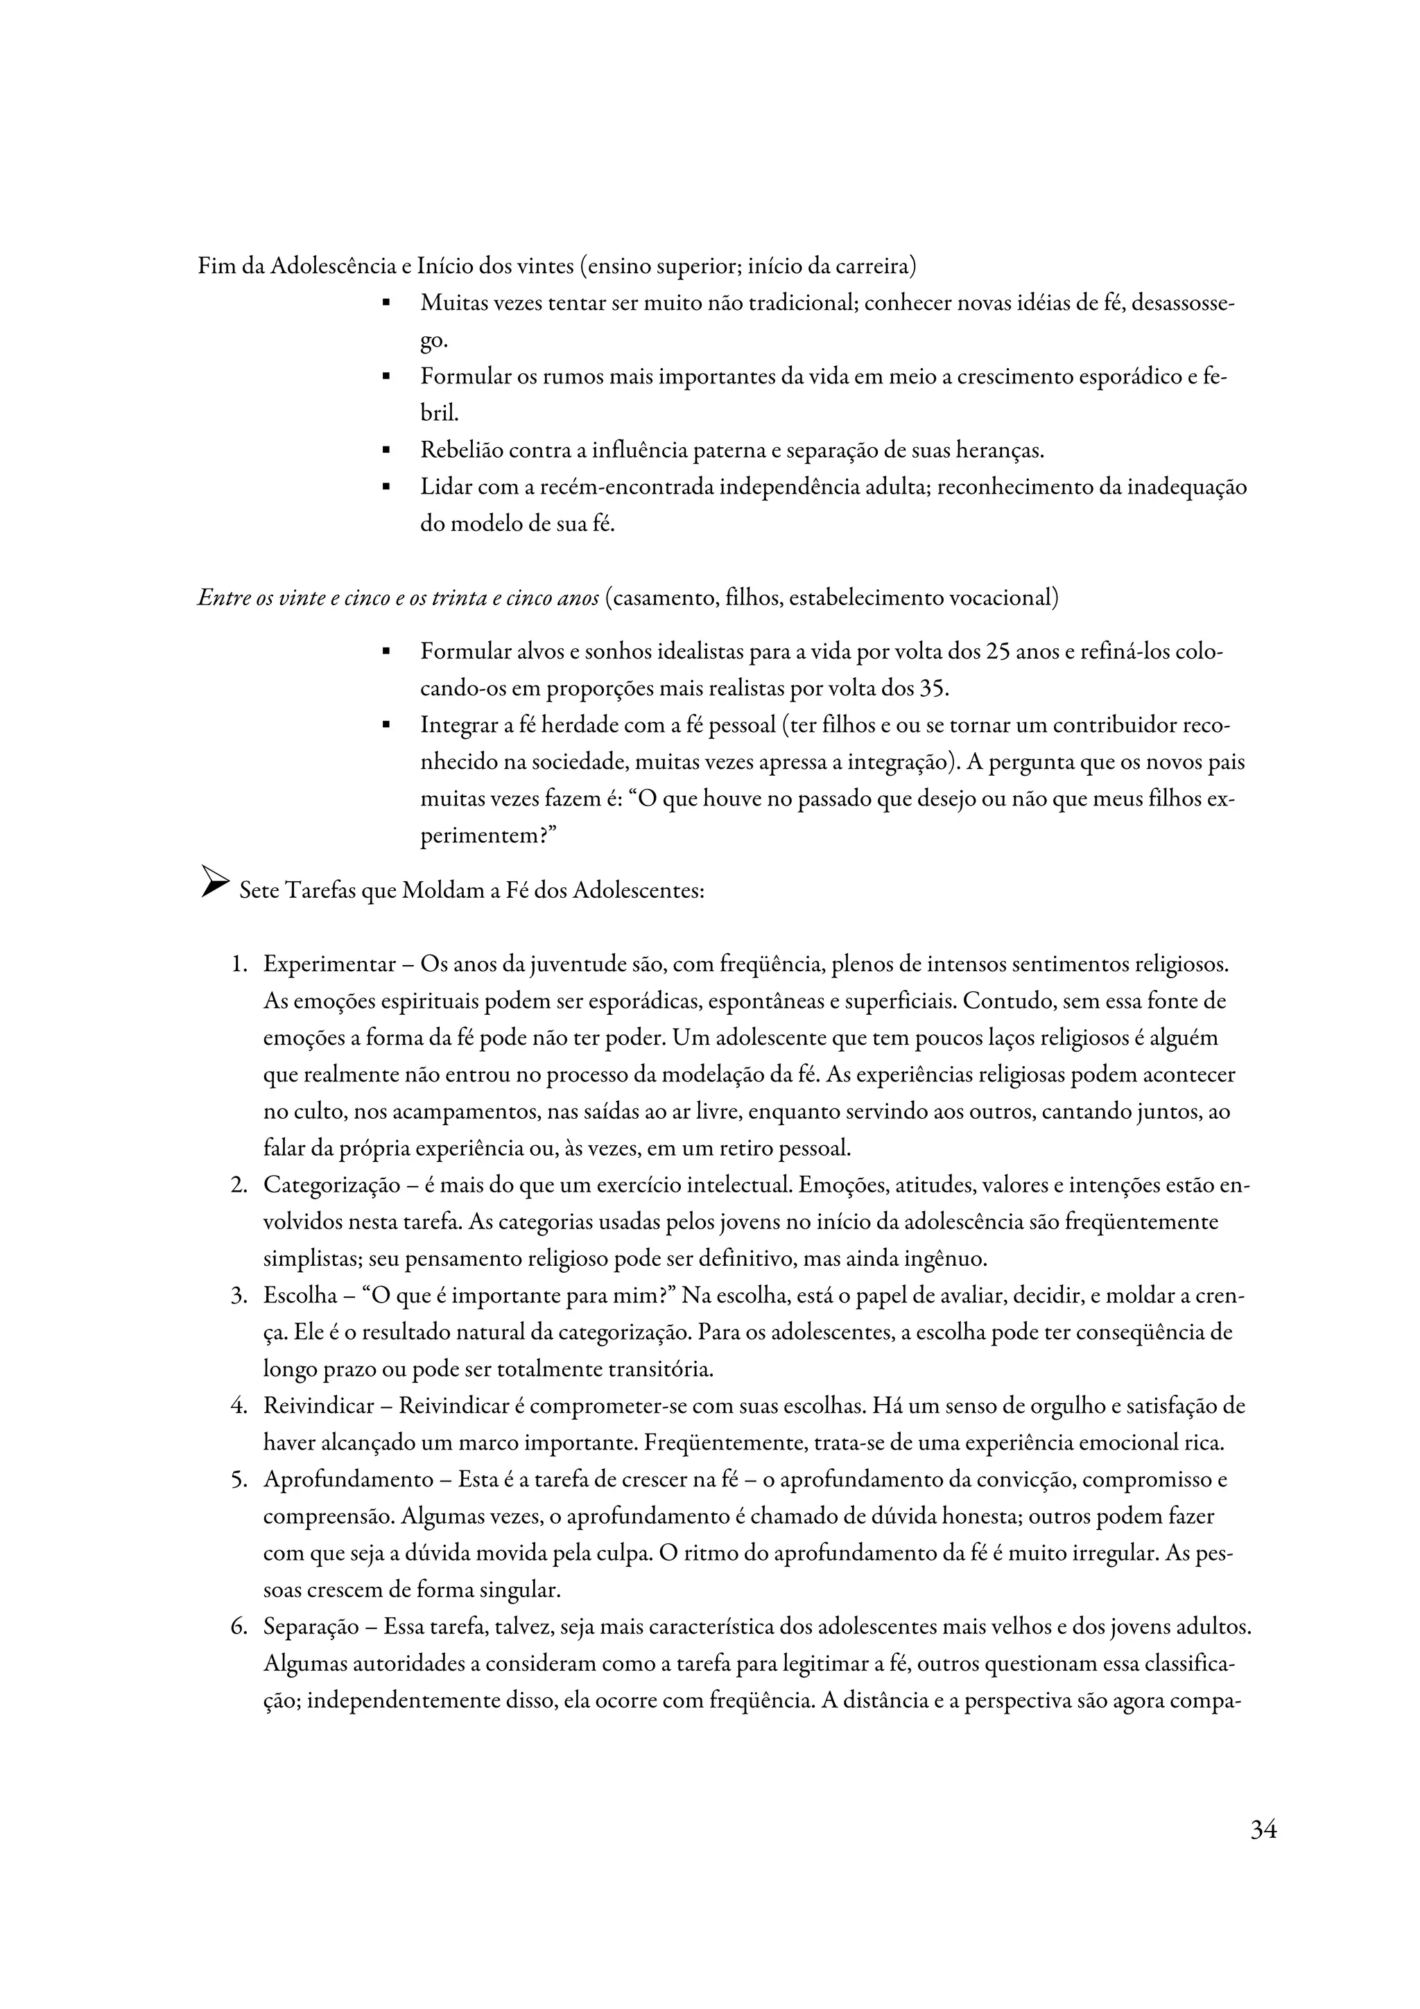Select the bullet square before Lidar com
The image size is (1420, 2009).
(x=385, y=487)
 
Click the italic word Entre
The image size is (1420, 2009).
(x=220, y=598)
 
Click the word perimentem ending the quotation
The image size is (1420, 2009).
(x=479, y=835)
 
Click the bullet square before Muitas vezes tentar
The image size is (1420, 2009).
(x=385, y=304)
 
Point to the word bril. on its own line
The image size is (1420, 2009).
(x=439, y=414)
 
